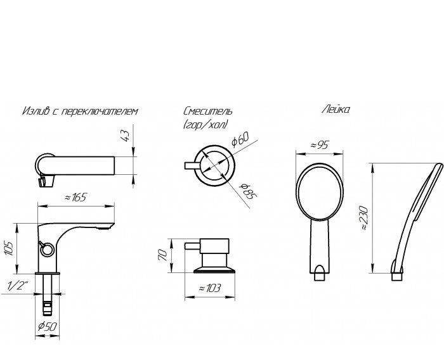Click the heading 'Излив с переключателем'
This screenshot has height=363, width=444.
pyautogui.click(x=80, y=110)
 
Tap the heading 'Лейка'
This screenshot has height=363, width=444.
pyautogui.click(x=336, y=109)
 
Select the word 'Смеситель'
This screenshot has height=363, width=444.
pyautogui.click(x=208, y=111)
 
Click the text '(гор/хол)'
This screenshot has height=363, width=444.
pyautogui.click(x=206, y=124)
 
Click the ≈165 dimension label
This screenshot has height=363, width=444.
pyautogui.click(x=75, y=197)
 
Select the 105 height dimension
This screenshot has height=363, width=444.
pyautogui.click(x=9, y=248)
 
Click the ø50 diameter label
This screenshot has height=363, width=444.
pyautogui.click(x=48, y=326)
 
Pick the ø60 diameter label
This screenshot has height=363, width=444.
pyautogui.click(x=240, y=139)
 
